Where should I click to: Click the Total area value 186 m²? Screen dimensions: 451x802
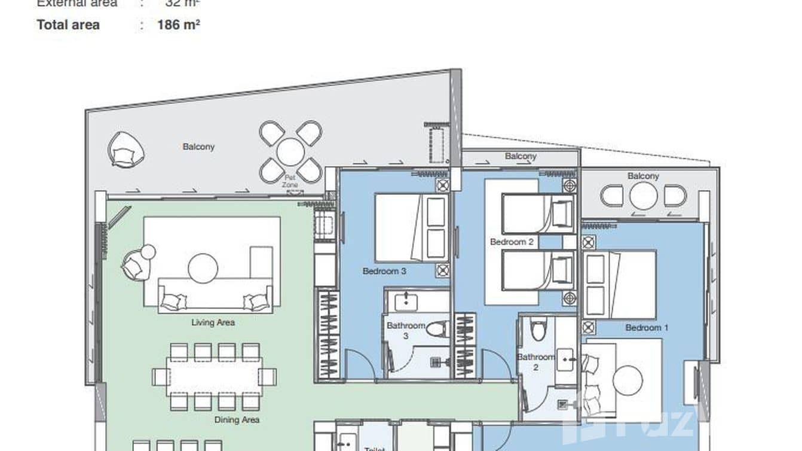tap(178, 25)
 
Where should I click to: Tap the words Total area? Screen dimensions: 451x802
tap(68, 25)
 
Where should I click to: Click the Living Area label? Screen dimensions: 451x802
tap(213, 322)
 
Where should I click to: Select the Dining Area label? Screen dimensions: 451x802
tap(237, 420)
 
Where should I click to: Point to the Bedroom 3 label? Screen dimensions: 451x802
tap(384, 271)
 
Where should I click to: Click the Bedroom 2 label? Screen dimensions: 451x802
tap(512, 242)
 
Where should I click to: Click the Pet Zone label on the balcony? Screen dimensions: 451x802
tap(290, 181)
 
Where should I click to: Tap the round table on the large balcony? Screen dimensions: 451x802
tap(290, 152)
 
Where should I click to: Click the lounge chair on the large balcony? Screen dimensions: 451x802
tap(125, 149)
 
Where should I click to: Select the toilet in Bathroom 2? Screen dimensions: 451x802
tap(538, 330)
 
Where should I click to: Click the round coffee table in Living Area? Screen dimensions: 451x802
tap(203, 268)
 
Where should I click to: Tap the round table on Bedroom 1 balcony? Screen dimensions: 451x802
tap(643, 196)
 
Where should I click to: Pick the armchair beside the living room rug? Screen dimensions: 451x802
tap(139, 263)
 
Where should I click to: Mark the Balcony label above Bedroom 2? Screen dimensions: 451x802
tap(521, 156)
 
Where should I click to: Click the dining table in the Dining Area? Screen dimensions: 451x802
tap(214, 377)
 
